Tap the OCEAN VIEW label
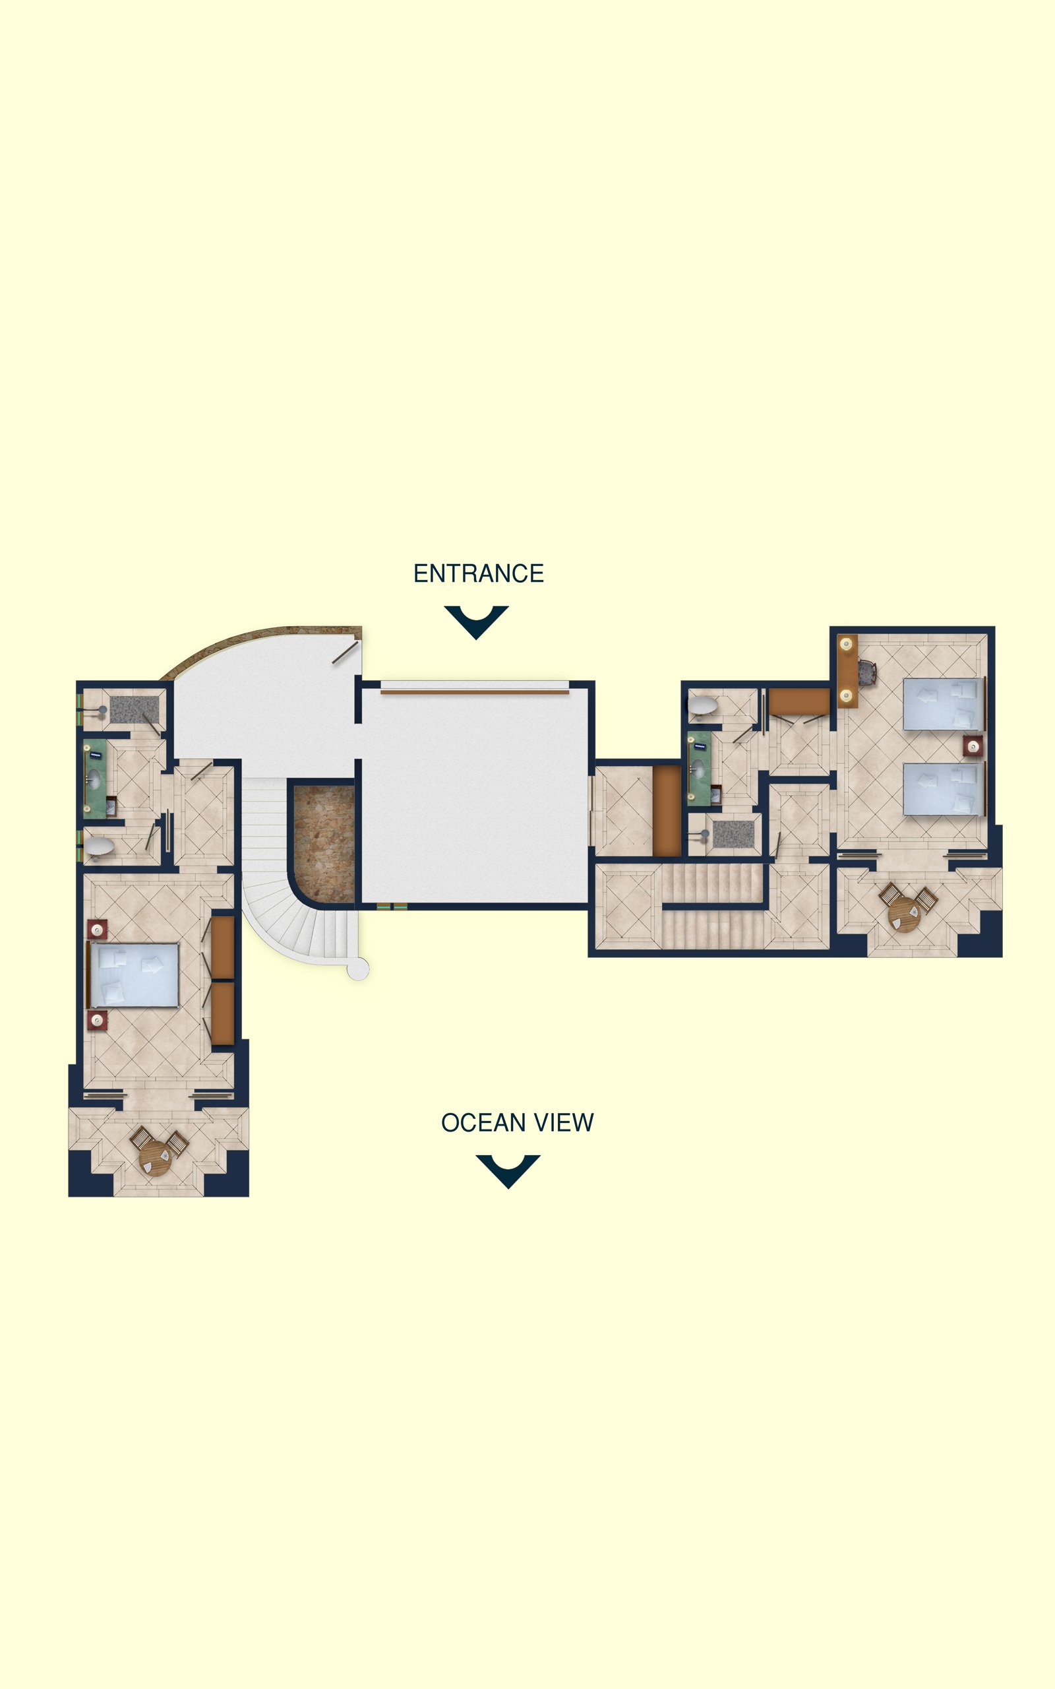[517, 1122]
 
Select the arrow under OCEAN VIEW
[508, 1171]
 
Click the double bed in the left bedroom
[133, 975]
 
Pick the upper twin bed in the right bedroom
[944, 703]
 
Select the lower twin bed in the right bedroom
[944, 789]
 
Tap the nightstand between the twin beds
[973, 747]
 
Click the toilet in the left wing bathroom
[98, 848]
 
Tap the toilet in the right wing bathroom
[703, 705]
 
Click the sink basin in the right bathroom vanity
[697, 769]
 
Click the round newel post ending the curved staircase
[358, 969]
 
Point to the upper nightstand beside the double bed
[97, 930]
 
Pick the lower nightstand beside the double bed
[97, 1021]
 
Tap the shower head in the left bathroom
[103, 710]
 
